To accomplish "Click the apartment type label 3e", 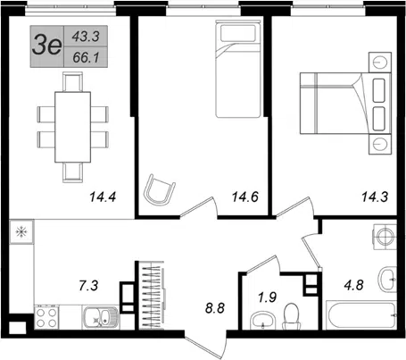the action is [x=46, y=46].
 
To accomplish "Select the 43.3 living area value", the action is [x=86, y=37].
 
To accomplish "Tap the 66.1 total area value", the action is [x=86, y=57].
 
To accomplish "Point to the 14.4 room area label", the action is [x=103, y=197].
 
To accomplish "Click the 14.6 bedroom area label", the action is [x=245, y=197].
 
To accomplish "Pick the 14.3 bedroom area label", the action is [x=375, y=197].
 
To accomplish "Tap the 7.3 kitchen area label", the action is [x=88, y=286].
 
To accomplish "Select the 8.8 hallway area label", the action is [x=215, y=308].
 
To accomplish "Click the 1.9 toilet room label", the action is [x=267, y=297].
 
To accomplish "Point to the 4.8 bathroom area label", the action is [x=353, y=285].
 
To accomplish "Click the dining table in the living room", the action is [x=73, y=127].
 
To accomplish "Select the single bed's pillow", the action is [x=238, y=33].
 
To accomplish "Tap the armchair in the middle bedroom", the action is [x=159, y=189].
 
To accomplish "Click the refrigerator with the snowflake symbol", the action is [x=21, y=232].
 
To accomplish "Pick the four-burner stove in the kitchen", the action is [x=46, y=318].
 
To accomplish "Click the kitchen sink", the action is [x=101, y=318].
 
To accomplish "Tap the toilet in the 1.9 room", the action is [x=292, y=316].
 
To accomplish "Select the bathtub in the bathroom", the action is [x=361, y=315].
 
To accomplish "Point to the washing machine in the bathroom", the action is [x=385, y=237].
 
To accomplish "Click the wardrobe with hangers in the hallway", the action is [x=152, y=296].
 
